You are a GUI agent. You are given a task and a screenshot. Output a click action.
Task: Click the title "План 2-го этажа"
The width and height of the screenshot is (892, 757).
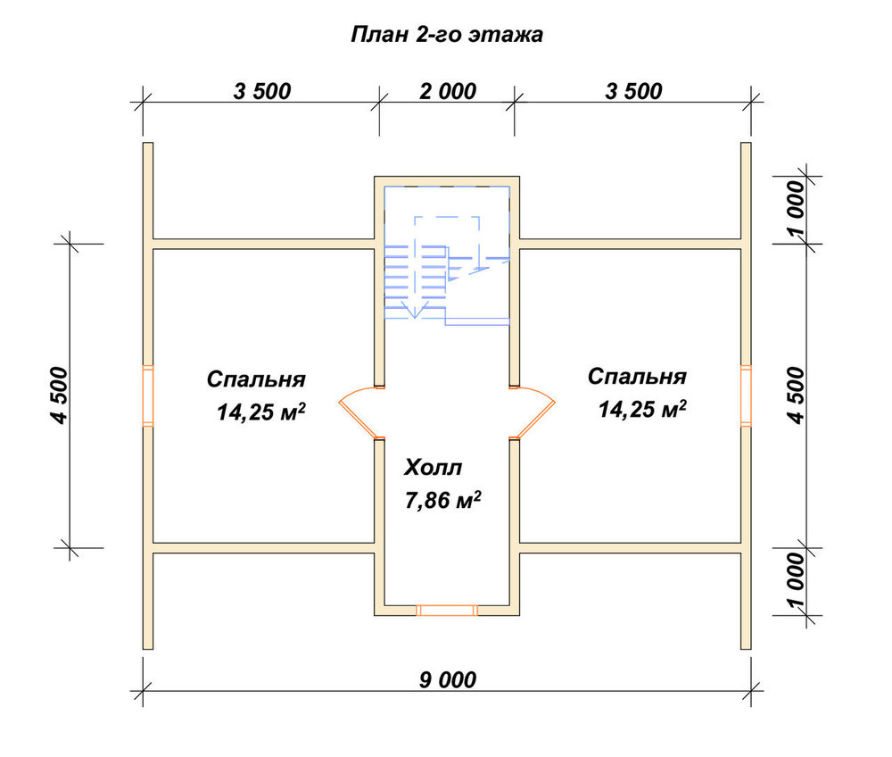(x=447, y=35)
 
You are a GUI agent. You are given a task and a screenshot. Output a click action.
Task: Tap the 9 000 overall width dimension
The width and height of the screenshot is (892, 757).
(x=448, y=679)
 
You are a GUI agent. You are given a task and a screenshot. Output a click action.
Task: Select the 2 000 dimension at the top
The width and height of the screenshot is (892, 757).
(x=448, y=91)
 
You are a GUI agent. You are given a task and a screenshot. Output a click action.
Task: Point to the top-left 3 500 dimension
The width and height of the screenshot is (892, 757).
(x=262, y=91)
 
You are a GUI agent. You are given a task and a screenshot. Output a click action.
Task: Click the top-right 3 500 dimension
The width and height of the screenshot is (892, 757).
(x=633, y=91)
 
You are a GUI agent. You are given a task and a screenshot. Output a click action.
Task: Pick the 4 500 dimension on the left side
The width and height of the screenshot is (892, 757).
(x=59, y=395)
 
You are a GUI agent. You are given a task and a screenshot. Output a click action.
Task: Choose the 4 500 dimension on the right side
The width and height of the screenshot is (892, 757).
(x=797, y=395)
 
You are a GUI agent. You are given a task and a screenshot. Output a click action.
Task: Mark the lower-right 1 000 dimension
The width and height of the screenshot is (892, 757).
(x=797, y=580)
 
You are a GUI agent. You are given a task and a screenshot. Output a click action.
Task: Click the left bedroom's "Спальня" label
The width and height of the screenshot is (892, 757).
(x=256, y=379)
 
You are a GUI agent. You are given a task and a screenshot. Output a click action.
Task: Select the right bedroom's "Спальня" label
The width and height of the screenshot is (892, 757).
(x=637, y=377)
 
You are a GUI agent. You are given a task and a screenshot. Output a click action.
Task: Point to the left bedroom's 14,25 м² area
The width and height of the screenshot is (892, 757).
(x=261, y=412)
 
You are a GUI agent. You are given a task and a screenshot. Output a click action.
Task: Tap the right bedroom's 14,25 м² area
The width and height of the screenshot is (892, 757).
(x=642, y=409)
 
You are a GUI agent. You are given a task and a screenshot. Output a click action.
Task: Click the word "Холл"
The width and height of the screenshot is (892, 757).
(x=433, y=468)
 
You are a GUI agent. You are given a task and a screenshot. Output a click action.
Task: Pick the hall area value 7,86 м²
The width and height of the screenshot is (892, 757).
(x=443, y=500)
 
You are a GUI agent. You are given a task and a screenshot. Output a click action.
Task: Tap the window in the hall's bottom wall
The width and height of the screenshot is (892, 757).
(x=447, y=611)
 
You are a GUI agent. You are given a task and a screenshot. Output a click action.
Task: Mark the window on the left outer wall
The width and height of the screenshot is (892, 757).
(x=148, y=395)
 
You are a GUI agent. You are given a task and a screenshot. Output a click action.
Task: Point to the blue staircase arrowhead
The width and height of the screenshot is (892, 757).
(x=415, y=311)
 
